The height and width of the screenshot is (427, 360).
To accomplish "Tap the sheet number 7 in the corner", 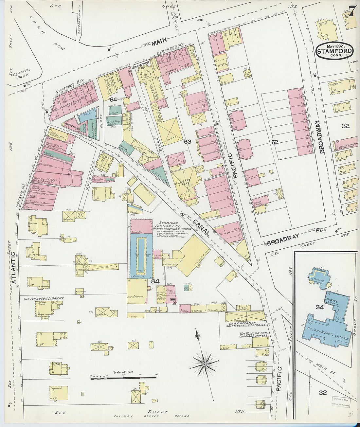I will [x=352, y=11].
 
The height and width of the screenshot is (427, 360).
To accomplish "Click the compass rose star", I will [x=205, y=364].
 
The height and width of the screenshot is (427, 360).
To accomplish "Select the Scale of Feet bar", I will [x=123, y=378].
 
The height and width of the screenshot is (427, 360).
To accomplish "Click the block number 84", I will [x=155, y=281].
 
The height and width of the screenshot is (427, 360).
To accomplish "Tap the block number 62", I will [x=275, y=142].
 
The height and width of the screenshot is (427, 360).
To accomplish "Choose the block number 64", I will [x=113, y=99].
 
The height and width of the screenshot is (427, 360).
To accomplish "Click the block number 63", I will [x=188, y=142].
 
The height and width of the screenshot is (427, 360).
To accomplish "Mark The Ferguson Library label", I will [x=44, y=298].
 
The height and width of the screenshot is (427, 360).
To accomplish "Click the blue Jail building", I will [x=87, y=115].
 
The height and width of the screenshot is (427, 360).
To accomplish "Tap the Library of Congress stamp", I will [x=341, y=402].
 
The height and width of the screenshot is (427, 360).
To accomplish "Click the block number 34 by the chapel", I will [x=319, y=307].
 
